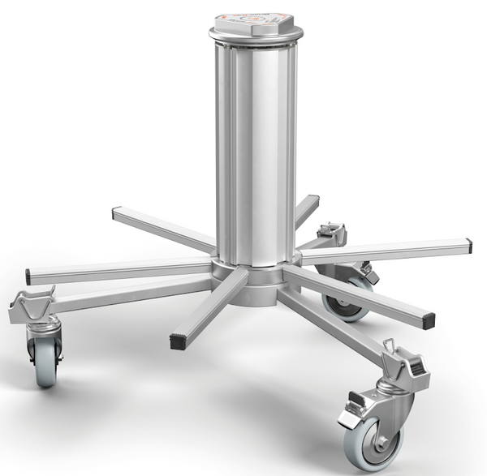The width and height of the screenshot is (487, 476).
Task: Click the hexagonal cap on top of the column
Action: [255, 22]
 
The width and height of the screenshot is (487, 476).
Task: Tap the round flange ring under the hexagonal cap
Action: [256, 36]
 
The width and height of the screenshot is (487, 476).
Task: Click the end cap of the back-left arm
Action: [115, 214]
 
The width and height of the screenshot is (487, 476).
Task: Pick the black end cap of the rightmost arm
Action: [467, 244]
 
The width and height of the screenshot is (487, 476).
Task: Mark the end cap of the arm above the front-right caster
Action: [429, 320]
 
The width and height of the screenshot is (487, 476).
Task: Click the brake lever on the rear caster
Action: [370, 275]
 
